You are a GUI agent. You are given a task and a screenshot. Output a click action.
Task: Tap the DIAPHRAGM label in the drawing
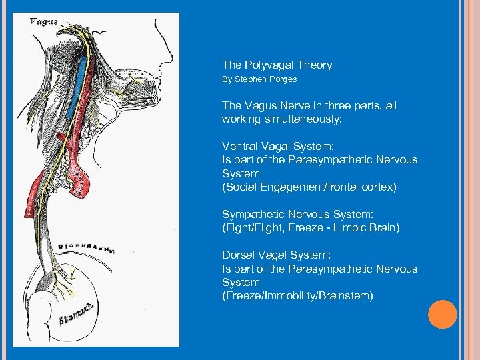tap(85, 247)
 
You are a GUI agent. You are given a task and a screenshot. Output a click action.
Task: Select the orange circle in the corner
tap(443, 315)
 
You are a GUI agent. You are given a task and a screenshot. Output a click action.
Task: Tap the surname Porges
tap(282, 79)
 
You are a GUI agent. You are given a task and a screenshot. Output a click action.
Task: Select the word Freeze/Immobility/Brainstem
tap(297, 296)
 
